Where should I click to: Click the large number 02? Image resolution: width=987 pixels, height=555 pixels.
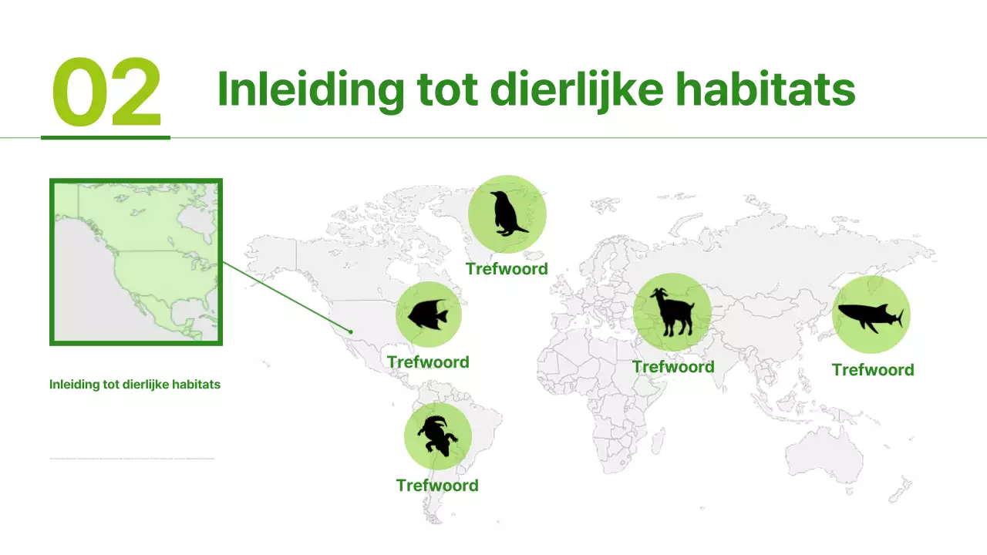[x=106, y=92]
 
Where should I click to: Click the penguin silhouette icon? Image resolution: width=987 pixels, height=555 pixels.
[x=507, y=214]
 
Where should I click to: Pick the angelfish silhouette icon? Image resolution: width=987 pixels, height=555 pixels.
[x=428, y=314]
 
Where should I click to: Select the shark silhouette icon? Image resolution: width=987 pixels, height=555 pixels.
[x=871, y=315]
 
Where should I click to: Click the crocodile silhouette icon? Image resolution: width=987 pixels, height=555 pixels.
[x=437, y=436]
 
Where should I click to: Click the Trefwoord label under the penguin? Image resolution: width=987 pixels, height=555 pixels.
[x=507, y=269]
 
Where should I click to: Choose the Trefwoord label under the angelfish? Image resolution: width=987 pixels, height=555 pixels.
[x=428, y=362]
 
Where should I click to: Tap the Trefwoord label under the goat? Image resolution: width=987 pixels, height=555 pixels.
[x=673, y=367]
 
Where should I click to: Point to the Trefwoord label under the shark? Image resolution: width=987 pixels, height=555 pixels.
[x=873, y=370]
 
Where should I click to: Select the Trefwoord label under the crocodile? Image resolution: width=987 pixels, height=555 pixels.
[x=437, y=486]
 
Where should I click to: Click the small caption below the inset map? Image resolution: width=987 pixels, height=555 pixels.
[x=135, y=384]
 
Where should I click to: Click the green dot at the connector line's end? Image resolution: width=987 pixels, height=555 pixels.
[x=351, y=332]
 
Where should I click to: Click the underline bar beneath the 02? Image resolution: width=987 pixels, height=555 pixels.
[x=106, y=138]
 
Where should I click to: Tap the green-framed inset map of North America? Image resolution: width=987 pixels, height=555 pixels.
[x=136, y=262]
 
